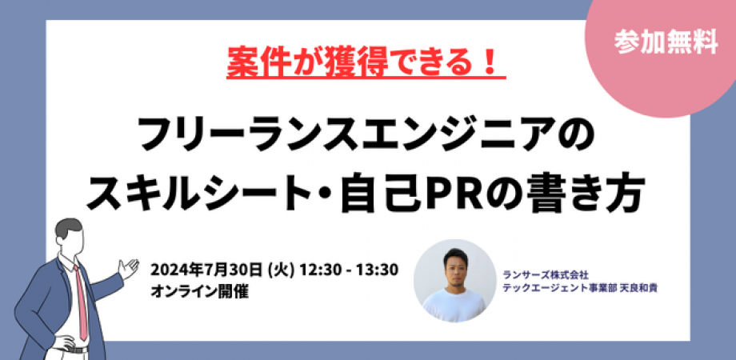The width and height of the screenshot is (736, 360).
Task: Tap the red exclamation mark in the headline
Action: click(491, 64)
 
